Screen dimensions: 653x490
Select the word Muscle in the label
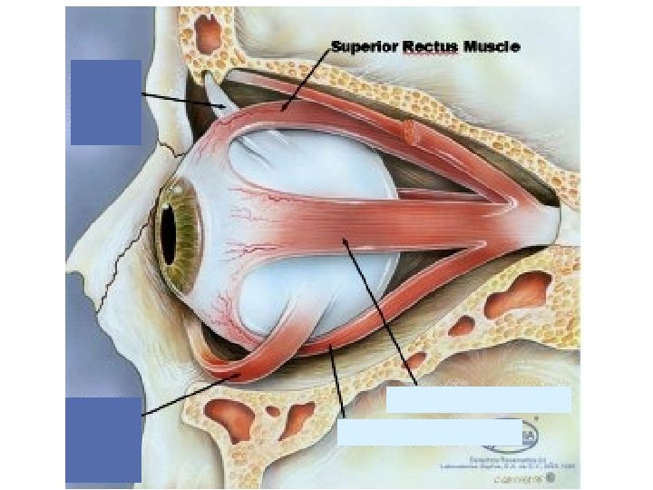click(492, 46)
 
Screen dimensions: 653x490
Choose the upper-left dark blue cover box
click(105, 102)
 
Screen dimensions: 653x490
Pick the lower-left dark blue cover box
click(104, 439)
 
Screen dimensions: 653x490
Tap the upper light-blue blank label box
click(479, 400)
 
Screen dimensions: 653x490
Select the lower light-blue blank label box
click(429, 432)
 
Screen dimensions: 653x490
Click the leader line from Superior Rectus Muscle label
click(307, 78)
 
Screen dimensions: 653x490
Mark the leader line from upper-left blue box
click(181, 100)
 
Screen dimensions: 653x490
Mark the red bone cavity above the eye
click(210, 34)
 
